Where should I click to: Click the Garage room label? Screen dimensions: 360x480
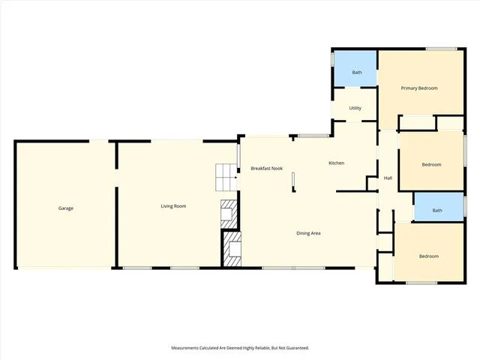pyautogui.click(x=66, y=208)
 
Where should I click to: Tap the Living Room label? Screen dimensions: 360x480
pyautogui.click(x=173, y=206)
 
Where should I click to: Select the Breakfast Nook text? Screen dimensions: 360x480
pyautogui.click(x=266, y=169)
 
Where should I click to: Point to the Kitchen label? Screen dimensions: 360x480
pyautogui.click(x=336, y=163)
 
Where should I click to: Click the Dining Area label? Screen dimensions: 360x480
pyautogui.click(x=308, y=233)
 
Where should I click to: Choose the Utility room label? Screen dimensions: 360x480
pyautogui.click(x=355, y=108)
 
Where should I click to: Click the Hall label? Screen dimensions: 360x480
pyautogui.click(x=388, y=178)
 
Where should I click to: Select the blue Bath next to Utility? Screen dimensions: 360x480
pyautogui.click(x=357, y=72)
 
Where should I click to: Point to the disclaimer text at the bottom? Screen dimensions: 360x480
pyautogui.click(x=240, y=348)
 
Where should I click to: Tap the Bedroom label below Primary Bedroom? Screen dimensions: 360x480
pyautogui.click(x=431, y=164)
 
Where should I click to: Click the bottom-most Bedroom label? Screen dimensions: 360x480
pyautogui.click(x=428, y=256)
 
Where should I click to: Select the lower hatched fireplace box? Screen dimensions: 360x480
pyautogui.click(x=232, y=249)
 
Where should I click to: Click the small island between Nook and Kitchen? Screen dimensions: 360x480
pyautogui.click(x=294, y=180)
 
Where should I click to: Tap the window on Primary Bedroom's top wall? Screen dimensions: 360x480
pyautogui.click(x=442, y=49)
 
